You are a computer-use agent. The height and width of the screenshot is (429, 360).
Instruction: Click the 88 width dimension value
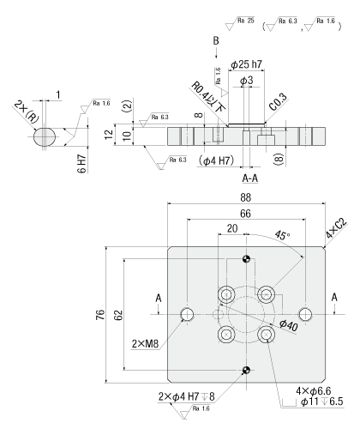click(x=245, y=197)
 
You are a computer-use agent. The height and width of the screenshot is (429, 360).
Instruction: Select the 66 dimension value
click(x=245, y=214)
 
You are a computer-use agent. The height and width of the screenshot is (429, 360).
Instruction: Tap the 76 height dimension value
click(x=100, y=315)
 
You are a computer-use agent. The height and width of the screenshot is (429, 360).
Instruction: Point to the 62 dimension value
click(x=118, y=315)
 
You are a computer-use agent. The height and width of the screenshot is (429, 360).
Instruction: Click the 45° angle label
click(x=282, y=235)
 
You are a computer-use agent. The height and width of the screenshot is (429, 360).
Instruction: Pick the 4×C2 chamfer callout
click(x=336, y=228)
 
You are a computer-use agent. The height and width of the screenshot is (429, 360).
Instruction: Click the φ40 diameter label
click(x=289, y=325)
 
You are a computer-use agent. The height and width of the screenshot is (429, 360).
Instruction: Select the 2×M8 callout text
click(x=145, y=344)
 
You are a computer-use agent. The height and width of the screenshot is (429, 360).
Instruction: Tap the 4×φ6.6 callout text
click(x=314, y=390)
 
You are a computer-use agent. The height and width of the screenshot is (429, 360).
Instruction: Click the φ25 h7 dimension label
click(x=246, y=64)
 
